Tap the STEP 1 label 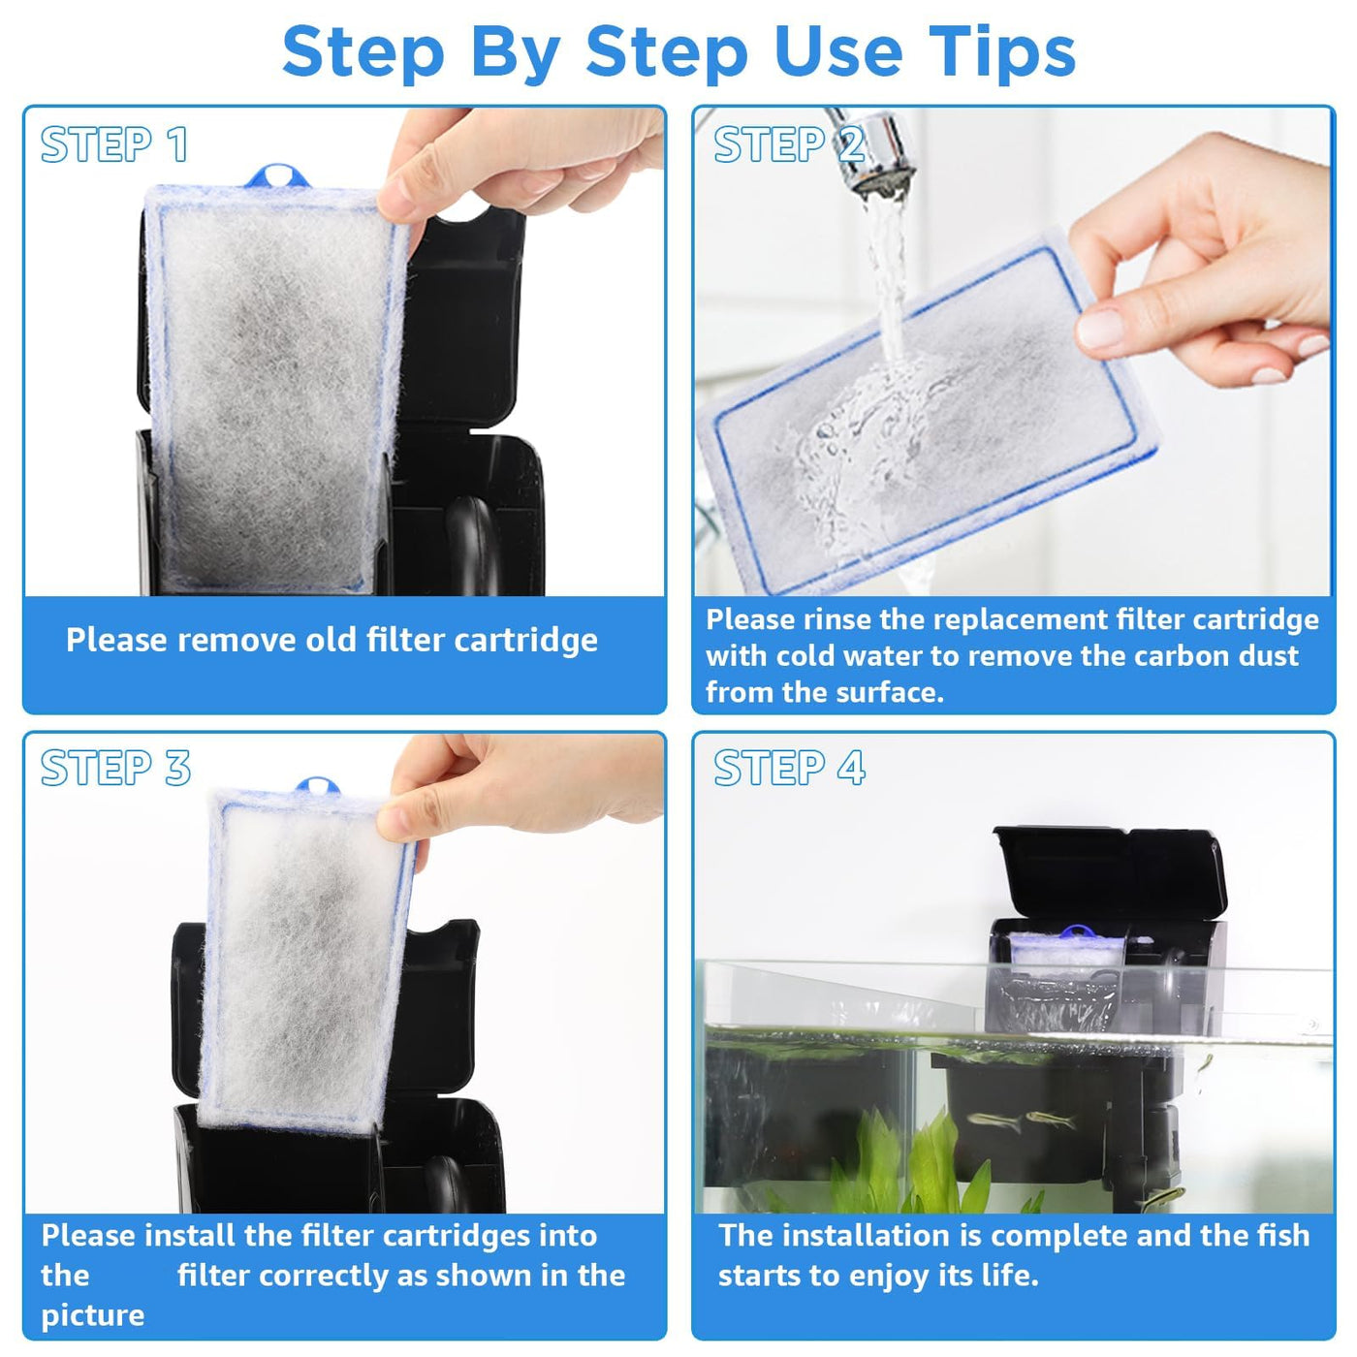(x=114, y=144)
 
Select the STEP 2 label (x=789, y=144)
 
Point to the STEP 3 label (x=115, y=768)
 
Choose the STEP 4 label (x=789, y=768)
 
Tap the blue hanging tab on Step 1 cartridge (x=277, y=176)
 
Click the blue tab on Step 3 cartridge (x=318, y=787)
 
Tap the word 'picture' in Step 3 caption (x=93, y=1314)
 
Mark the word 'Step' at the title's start (x=363, y=52)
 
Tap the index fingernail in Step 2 (x=1099, y=328)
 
